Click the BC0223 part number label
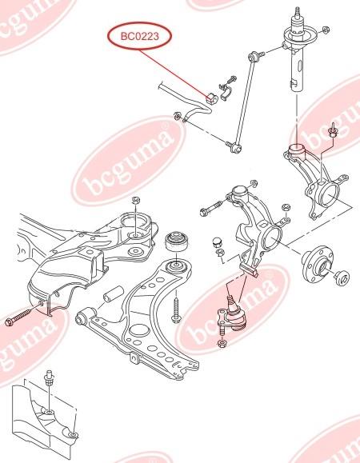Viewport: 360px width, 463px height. [x=139, y=36]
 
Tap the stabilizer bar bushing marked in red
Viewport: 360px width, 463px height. [x=212, y=98]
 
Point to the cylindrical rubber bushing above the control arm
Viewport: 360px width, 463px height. [x=177, y=241]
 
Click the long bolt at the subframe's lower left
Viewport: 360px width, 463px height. [x=22, y=315]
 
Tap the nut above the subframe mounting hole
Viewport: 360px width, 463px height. [x=135, y=200]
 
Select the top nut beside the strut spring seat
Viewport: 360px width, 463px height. [x=326, y=30]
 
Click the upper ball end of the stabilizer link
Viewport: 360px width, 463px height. [x=253, y=56]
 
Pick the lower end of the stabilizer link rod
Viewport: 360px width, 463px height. [x=236, y=146]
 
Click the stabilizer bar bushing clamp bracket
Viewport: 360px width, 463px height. [x=226, y=92]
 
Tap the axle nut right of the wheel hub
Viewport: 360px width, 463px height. [x=342, y=277]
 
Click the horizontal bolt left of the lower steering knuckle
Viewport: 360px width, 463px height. [x=211, y=208]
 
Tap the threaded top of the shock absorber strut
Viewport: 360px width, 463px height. [x=297, y=13]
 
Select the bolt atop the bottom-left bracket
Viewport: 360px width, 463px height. [x=49, y=378]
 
